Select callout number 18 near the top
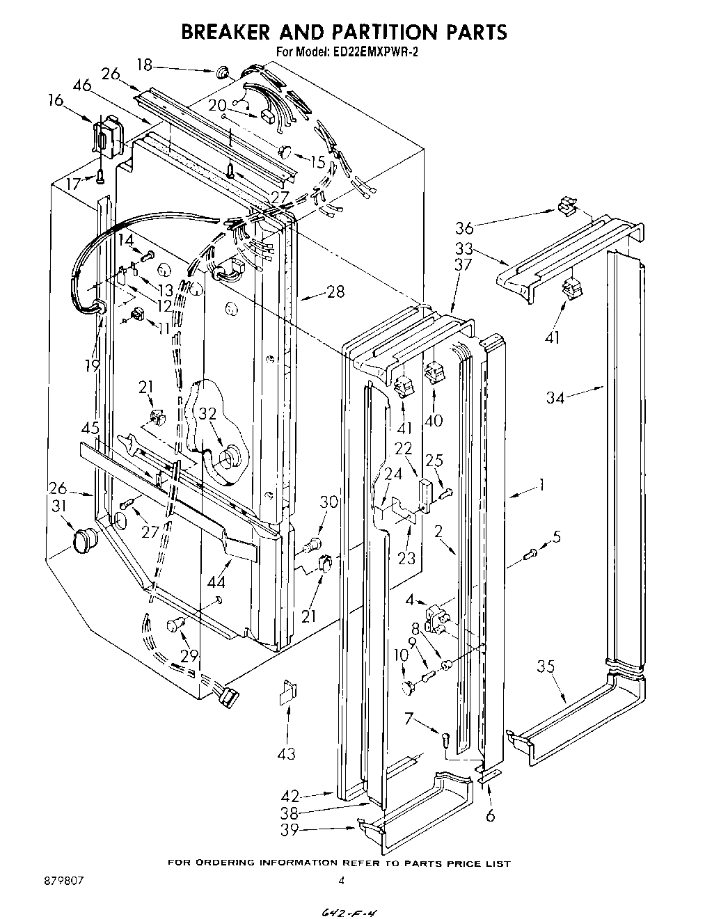coord(144,65)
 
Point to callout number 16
coord(56,101)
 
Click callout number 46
coord(81,86)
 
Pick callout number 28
coord(335,291)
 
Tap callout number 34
coord(555,397)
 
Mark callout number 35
coord(546,667)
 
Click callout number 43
coord(286,753)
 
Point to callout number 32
coord(208,414)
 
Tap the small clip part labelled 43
coord(287,693)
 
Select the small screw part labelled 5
coord(532,554)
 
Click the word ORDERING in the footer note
coord(223,863)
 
